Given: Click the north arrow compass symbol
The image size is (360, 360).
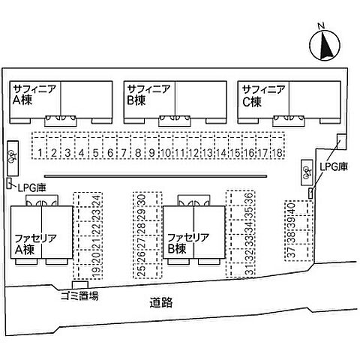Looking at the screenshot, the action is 325,45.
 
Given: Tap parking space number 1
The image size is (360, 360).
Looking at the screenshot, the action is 40,145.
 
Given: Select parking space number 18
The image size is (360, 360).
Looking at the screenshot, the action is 277,145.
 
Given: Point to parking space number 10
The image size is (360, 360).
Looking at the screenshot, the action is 166,145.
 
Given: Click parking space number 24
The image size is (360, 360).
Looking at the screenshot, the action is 88,199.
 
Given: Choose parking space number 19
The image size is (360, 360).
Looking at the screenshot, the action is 88,271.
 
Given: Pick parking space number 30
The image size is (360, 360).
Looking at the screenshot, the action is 148,199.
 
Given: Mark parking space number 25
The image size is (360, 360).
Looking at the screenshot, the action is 148,271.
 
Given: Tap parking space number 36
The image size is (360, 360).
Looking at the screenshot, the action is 241,198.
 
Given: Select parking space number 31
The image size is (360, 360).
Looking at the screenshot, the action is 241,270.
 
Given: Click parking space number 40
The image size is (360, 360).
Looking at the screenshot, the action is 299,208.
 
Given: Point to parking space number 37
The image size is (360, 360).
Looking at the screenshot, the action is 299,253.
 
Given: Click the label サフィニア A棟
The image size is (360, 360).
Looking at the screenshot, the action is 34,94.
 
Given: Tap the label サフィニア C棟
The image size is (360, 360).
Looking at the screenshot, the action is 263,95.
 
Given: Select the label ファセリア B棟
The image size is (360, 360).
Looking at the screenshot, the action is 187,243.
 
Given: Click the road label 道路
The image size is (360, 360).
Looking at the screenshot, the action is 161,302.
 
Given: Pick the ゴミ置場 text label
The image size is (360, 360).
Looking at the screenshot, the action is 80,295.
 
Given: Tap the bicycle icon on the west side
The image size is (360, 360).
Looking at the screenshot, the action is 12,157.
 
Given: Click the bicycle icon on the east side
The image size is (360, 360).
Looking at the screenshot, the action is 307,172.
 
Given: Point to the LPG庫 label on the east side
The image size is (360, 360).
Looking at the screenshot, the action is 334,166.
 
